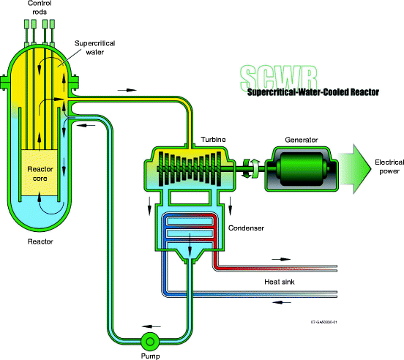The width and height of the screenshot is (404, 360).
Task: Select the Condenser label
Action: click(245, 228)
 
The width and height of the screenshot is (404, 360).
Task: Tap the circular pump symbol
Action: click(151, 340)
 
